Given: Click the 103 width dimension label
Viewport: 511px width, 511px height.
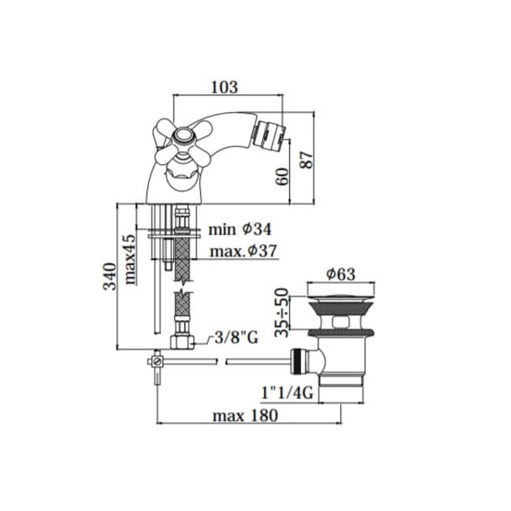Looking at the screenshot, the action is coord(224,87).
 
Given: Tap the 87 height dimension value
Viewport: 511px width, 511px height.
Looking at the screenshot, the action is coord(307,159).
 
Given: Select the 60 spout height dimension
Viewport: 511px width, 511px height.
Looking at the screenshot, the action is coord(282,177).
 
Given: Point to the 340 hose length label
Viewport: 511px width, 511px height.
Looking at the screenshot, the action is coord(109,276).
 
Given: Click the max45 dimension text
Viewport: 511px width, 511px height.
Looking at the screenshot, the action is coord(130,260).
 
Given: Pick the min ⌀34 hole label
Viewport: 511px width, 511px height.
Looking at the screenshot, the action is coord(240,229).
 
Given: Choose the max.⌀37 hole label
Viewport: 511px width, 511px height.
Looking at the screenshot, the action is coord(243,251).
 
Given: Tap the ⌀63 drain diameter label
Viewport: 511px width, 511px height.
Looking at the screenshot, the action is coord(340,274).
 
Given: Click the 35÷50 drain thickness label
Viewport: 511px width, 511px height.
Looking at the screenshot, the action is coord(282,313).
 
